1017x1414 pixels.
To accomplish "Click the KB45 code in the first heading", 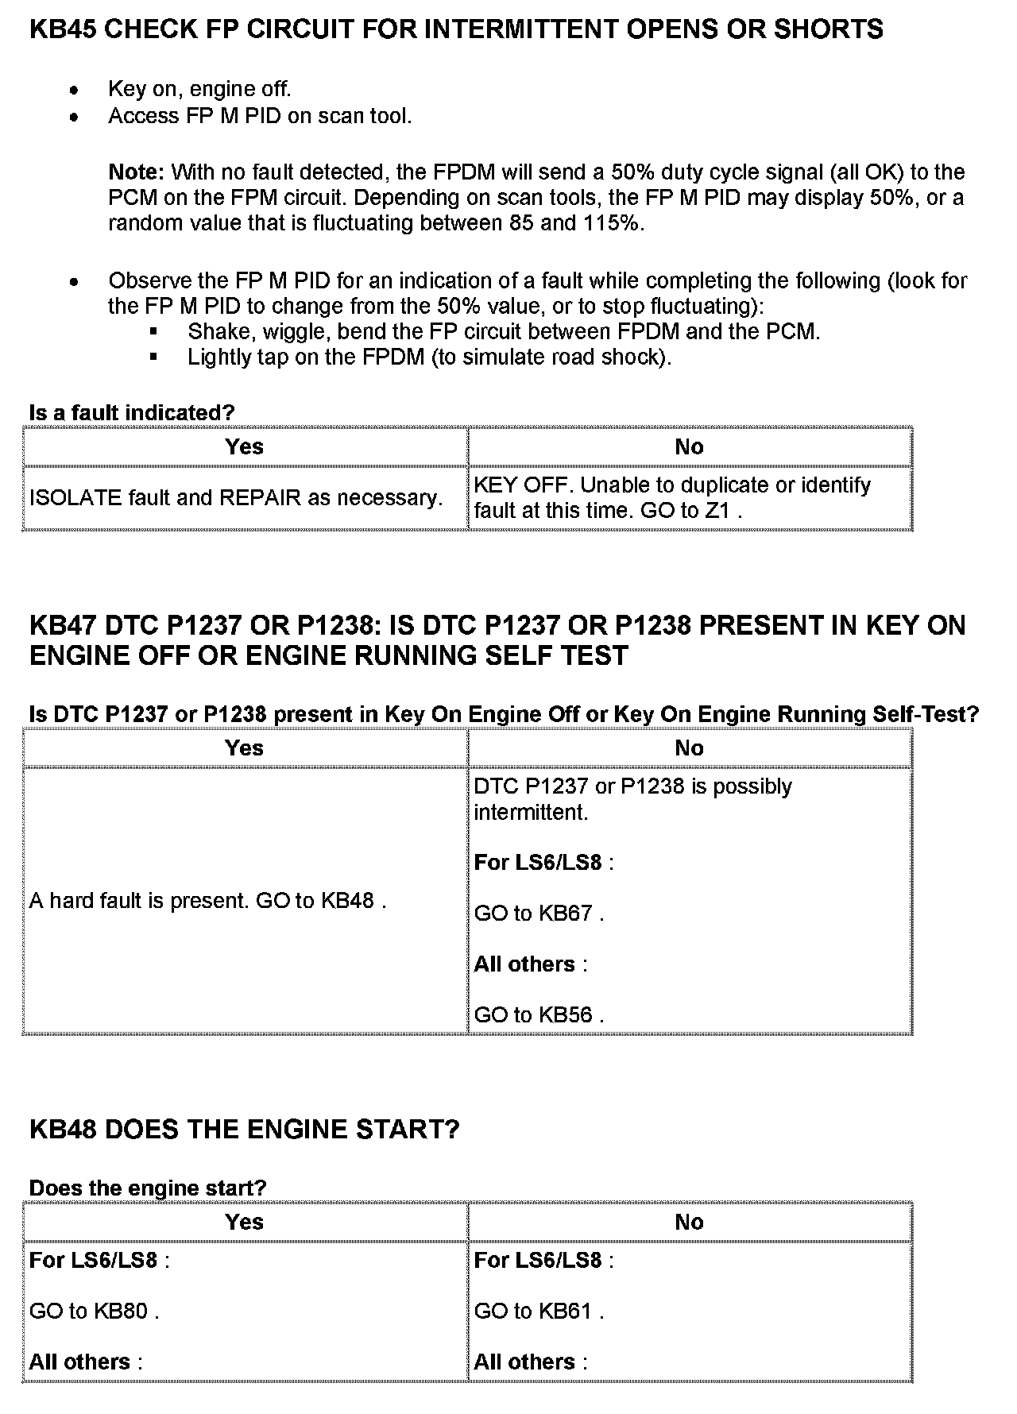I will click(63, 29).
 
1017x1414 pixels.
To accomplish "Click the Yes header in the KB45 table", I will click(244, 447).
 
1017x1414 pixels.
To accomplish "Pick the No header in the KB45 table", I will click(689, 447).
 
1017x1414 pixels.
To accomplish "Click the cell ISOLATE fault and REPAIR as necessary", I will click(236, 498).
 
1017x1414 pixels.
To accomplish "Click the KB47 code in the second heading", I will click(63, 626).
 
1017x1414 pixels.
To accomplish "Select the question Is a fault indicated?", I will click(132, 413).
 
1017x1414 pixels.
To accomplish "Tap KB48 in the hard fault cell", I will click(347, 901).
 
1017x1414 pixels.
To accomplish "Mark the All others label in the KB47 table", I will click(525, 964).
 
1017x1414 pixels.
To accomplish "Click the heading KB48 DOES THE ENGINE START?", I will click(244, 1130).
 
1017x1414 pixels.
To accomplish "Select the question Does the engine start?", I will click(148, 1188).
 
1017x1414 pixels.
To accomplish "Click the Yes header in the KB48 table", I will click(244, 1223).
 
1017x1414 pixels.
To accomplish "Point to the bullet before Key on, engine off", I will click(75, 90).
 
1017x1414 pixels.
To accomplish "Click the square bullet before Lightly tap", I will click(153, 357).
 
